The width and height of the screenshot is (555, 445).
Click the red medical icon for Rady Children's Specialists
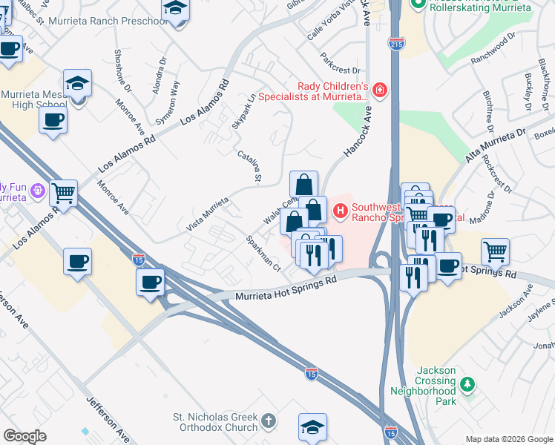coord(379,90)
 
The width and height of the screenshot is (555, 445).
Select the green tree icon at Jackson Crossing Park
coord(467,384)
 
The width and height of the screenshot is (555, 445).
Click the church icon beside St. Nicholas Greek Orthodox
coord(268,421)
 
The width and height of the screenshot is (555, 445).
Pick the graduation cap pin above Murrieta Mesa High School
coord(77,83)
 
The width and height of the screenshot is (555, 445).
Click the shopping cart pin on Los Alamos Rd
coord(64,194)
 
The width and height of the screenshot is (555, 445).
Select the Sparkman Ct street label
coord(263,254)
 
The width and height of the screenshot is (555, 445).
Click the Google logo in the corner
coord(25,436)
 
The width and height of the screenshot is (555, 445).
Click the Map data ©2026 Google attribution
coord(508,439)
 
